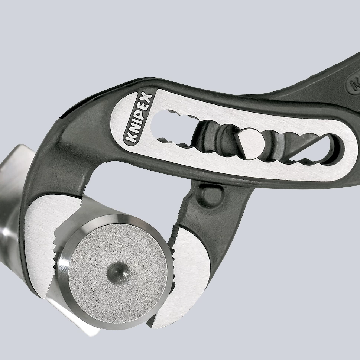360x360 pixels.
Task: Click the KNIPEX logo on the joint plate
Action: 137,117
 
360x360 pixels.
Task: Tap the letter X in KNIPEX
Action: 147,99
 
